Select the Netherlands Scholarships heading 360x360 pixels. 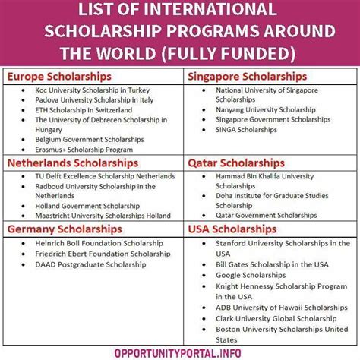(73, 163)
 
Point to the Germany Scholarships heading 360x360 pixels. (65, 228)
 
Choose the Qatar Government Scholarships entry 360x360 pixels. (256, 216)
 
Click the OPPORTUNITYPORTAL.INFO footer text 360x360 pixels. (179, 351)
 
